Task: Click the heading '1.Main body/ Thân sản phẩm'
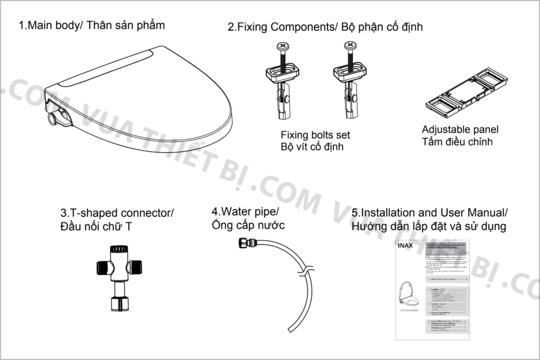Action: (x=92, y=25)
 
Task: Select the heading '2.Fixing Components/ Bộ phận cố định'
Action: (x=325, y=26)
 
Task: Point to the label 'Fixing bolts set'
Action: (x=315, y=135)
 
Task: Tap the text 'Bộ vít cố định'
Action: (x=312, y=147)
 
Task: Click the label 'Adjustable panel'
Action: (x=460, y=130)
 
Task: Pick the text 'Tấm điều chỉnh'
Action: (x=457, y=141)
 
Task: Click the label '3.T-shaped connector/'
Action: (x=117, y=213)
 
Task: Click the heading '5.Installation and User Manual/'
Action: (x=429, y=213)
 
